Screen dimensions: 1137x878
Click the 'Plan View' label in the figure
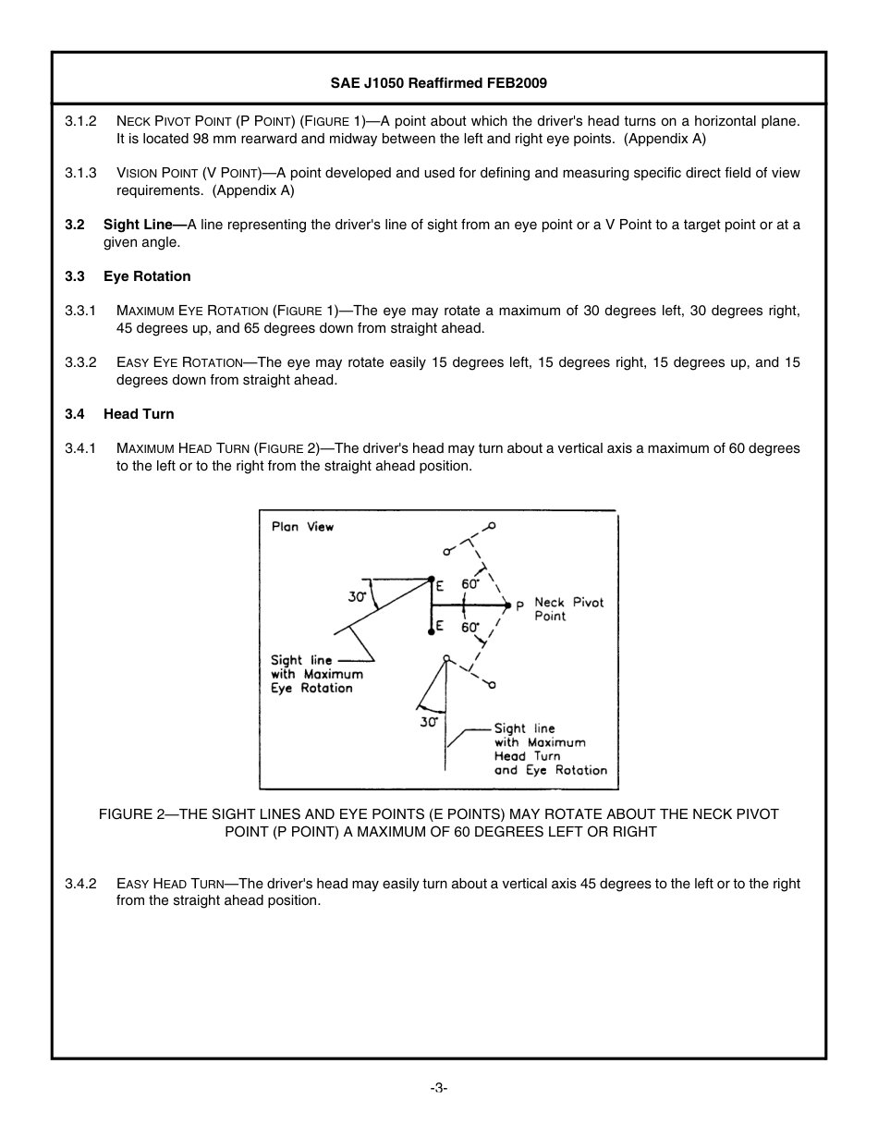302,527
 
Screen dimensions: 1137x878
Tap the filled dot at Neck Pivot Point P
507,605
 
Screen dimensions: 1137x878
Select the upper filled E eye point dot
432,580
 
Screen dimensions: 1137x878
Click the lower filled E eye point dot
432,632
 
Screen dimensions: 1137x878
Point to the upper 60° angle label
470,584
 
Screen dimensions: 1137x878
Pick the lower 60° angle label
470,628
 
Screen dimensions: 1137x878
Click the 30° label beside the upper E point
358,597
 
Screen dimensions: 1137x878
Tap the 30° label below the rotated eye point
428,722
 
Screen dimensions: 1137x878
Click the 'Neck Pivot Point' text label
568,609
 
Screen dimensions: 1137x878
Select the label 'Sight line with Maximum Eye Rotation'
311,674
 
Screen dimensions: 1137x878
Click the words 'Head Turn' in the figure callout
527,756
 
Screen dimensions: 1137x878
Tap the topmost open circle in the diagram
492,526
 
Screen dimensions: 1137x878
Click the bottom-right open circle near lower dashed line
492,685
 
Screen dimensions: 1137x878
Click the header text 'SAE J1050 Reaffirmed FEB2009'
439,82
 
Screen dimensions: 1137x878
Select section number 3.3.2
80,362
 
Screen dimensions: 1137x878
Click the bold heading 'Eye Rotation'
147,276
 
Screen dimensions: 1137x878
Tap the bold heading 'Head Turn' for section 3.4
139,414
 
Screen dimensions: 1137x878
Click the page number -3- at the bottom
438,1088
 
